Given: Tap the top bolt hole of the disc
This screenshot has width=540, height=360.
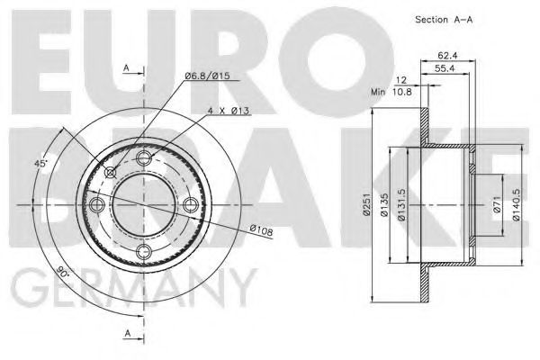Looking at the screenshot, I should coord(143,159).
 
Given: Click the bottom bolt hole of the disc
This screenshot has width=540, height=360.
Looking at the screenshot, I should coord(143,251).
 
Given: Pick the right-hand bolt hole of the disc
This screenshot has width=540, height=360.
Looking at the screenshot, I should coord(189,205).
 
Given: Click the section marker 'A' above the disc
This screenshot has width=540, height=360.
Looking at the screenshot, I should coord(126,67).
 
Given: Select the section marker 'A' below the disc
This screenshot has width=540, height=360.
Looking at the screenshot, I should coord(126,334).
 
